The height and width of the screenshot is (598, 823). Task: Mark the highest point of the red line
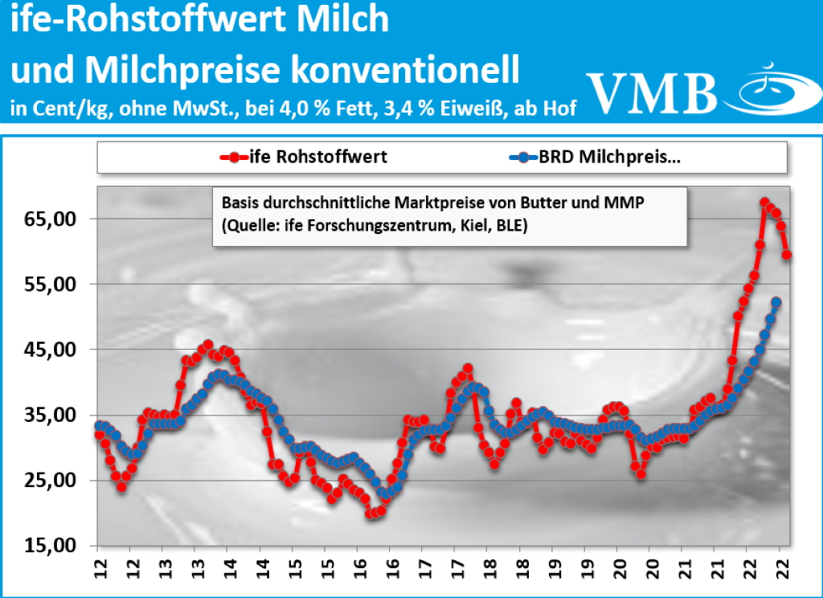pyautogui.click(x=764, y=203)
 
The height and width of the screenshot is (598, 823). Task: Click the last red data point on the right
pyautogui.click(x=788, y=255)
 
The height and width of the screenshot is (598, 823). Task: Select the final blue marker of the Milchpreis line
pyautogui.click(x=776, y=302)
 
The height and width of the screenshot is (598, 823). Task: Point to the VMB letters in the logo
pyautogui.click(x=651, y=92)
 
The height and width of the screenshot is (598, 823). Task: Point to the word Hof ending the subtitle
pyautogui.click(x=559, y=108)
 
